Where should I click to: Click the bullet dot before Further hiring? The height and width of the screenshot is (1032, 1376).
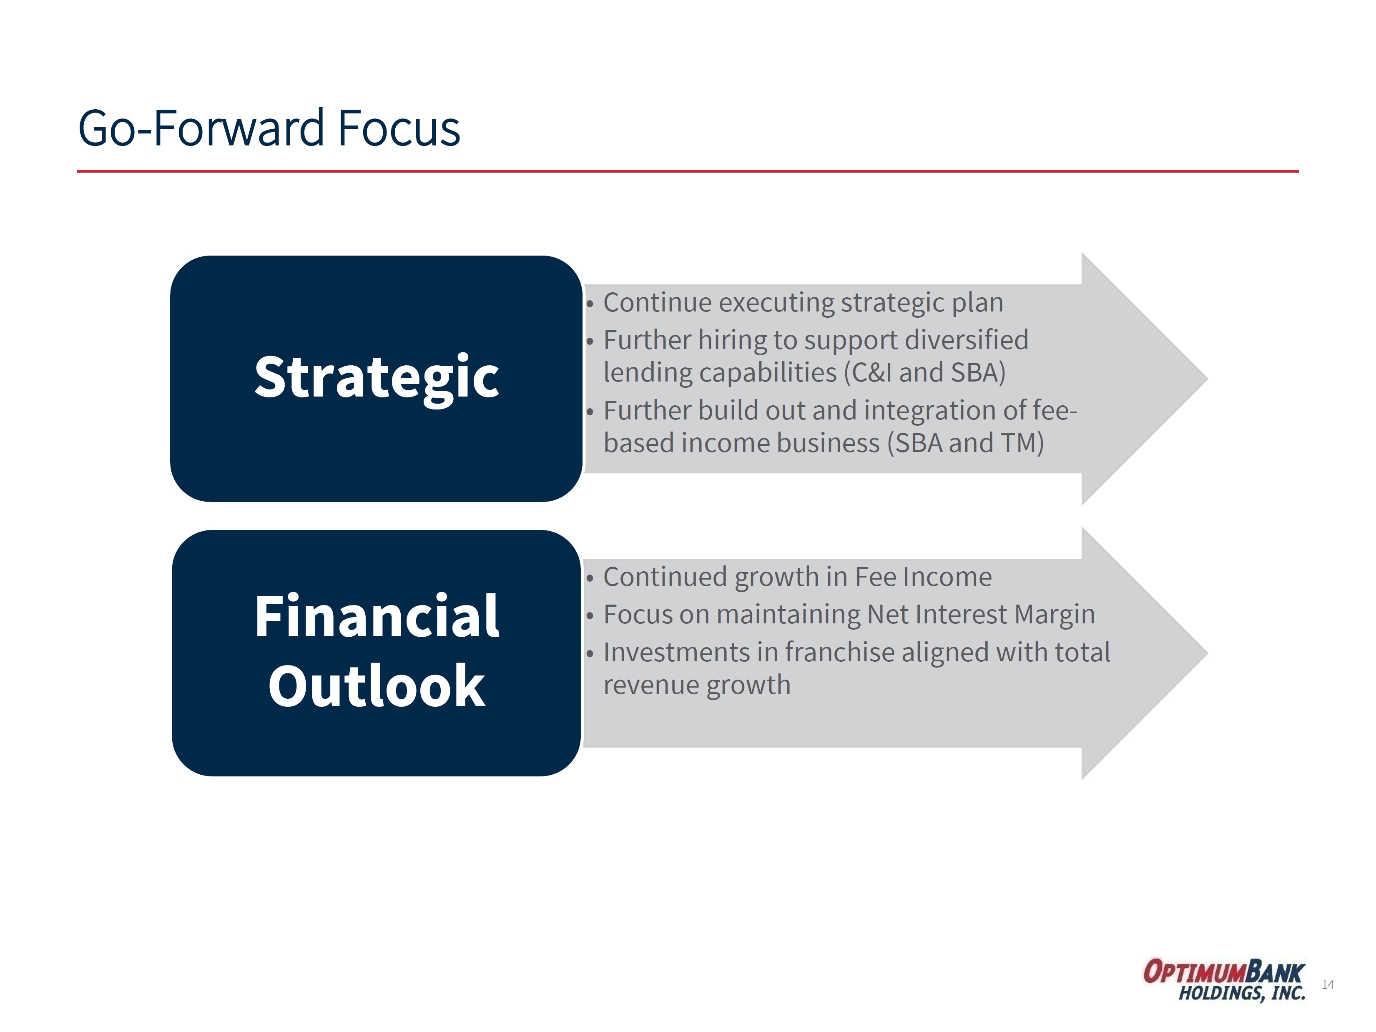click(590, 341)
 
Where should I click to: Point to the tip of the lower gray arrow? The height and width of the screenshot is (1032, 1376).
click(1208, 653)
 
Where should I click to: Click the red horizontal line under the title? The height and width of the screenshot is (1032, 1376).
click(688, 171)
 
